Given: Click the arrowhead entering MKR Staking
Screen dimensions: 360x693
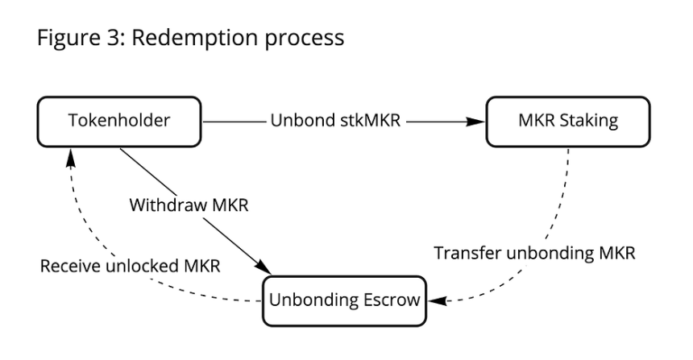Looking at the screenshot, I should click(479, 122).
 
